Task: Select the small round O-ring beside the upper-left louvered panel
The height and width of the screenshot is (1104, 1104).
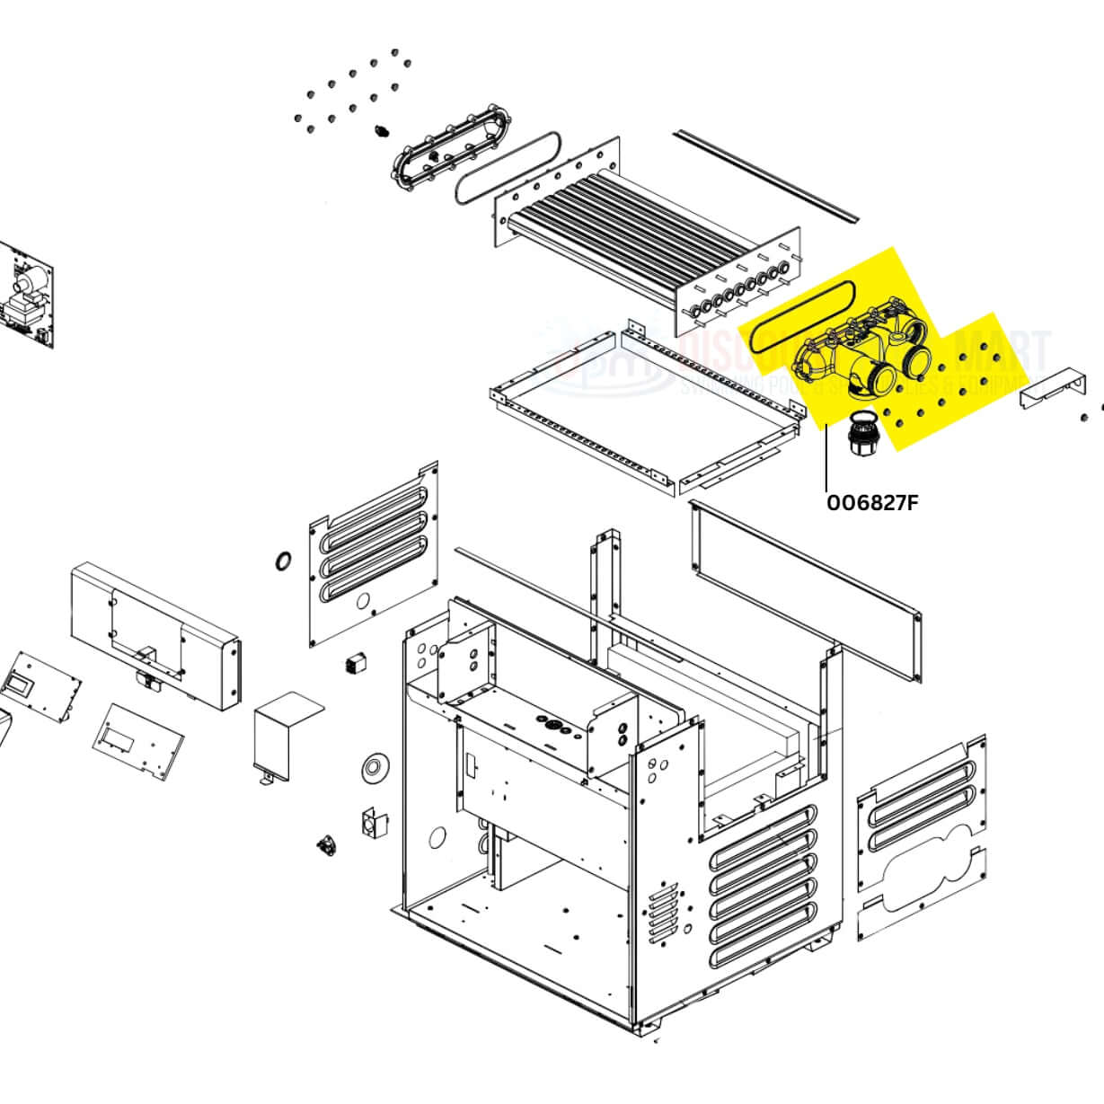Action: pyautogui.click(x=283, y=561)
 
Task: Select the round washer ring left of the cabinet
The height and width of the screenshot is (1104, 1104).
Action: pyautogui.click(x=372, y=766)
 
